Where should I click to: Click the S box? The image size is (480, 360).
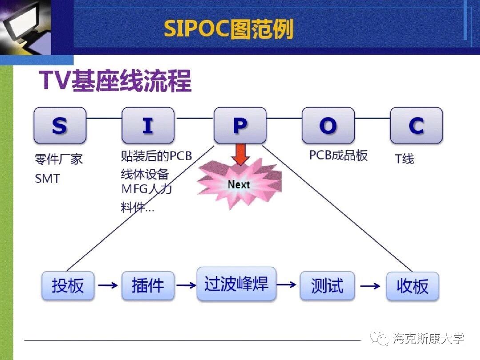pos(60,125)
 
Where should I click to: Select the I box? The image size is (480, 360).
pos(148,125)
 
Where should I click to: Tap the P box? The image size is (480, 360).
pos(240,125)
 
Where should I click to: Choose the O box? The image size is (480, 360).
pos(328,125)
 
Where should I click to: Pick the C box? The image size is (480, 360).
pos(416,125)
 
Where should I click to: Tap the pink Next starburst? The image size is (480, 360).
pos(239,184)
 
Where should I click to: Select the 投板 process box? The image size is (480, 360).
pos(68,285)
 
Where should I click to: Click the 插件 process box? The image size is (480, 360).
pos(148,285)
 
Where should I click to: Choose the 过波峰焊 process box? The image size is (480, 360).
pos(236,284)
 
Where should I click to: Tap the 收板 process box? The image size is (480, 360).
pos(412,286)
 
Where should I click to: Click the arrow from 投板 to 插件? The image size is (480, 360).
pos(108,285)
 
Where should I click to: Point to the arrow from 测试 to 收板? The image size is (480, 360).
pos(370,286)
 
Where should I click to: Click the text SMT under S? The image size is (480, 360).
pos(47,179)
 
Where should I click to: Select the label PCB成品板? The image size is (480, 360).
pos(338,155)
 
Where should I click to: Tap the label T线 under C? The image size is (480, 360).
pos(404,159)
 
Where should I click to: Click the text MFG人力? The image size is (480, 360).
pos(147,188)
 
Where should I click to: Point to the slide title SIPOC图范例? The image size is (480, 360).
pos(228,29)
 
